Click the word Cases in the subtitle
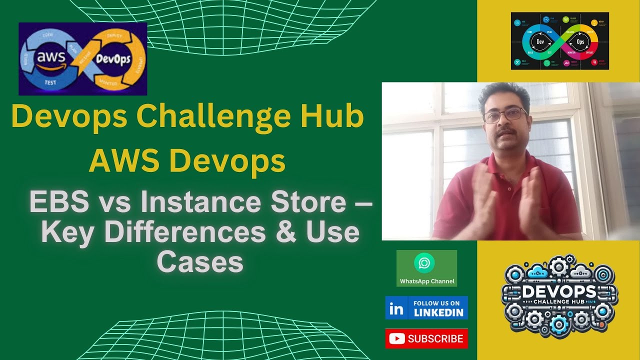[x=200, y=262]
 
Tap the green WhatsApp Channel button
[x=426, y=268]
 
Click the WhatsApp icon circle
[x=424, y=263]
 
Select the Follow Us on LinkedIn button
[x=426, y=307]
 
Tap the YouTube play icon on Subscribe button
[x=396, y=339]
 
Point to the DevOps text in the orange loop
[x=113, y=59]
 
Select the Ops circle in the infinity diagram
[x=580, y=42]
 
